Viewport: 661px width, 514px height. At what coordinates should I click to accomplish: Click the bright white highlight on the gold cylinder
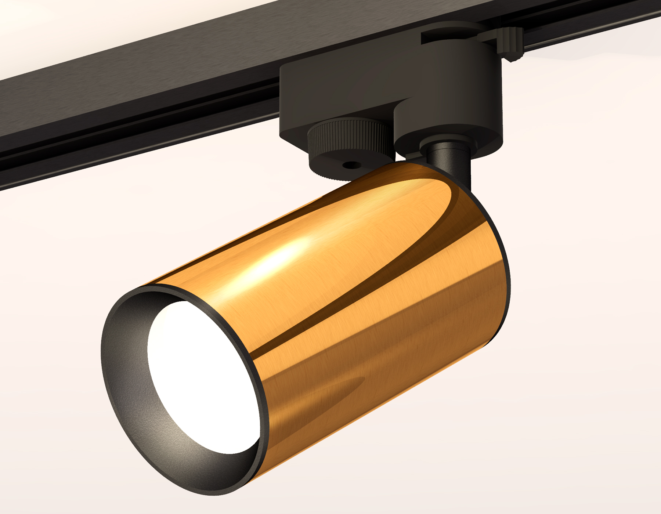tap(279, 257)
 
